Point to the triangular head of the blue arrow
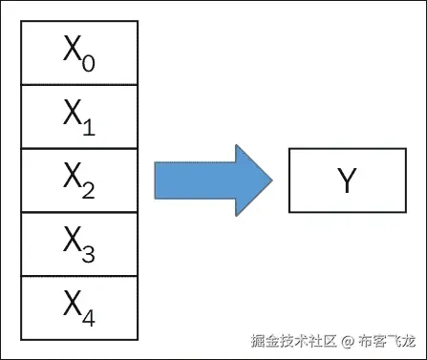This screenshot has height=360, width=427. [251, 180]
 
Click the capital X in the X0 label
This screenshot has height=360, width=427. [73, 51]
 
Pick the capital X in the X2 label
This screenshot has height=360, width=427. [73, 178]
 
